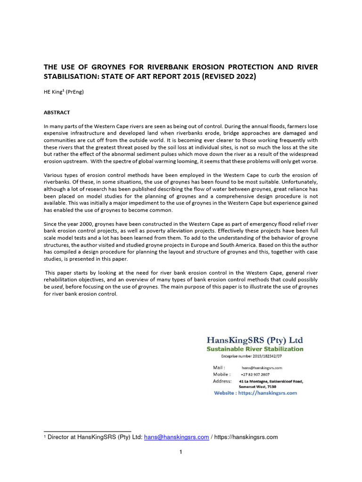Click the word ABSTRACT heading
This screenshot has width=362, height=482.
tap(57, 112)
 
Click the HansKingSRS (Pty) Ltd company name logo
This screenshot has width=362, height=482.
tap(255, 340)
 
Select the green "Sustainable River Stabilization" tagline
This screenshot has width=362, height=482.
tap(255, 349)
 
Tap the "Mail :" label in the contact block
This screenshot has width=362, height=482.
tap(219, 367)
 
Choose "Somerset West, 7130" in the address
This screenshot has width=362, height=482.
tap(258, 386)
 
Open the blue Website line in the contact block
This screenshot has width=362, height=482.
tap(255, 393)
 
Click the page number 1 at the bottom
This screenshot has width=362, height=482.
tap(181, 452)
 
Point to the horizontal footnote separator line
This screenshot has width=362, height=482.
tap(87, 431)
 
